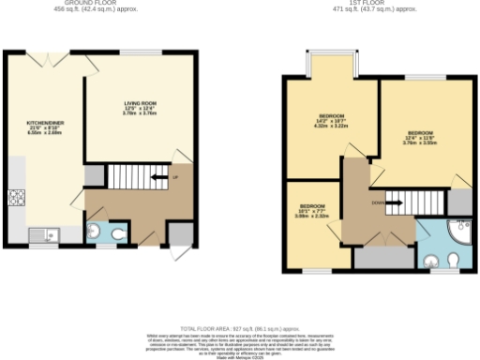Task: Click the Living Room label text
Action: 141,107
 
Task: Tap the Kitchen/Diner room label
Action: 42,127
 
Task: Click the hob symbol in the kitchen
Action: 16,197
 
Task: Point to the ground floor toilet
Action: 118,233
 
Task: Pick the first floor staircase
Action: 412,201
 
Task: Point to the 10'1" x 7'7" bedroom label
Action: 312,211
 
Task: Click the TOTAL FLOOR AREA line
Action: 240,319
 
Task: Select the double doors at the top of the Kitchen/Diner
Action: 53,62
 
